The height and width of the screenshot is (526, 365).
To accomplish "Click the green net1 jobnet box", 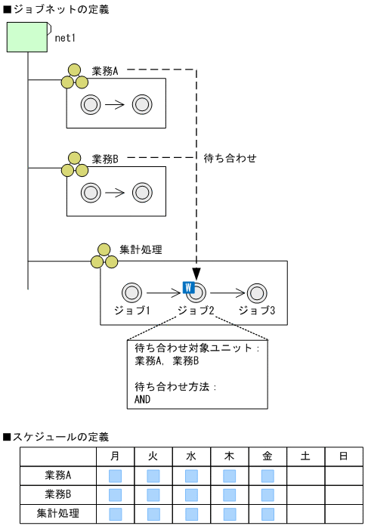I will coord(28,37).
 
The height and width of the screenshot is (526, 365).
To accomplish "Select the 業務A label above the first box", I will coord(106,71).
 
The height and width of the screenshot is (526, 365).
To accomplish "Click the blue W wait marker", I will coord(189,287).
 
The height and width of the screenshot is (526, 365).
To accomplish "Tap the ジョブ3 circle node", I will coord(257,292).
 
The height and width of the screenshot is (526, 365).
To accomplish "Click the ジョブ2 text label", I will coord(196,310).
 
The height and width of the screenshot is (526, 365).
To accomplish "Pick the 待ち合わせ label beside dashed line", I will coord(230,159).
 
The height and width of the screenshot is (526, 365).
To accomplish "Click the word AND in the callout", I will coord(143,399).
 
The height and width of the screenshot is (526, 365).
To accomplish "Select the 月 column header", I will coord(116,456).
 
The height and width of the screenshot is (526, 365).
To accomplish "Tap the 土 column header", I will coord(305,456).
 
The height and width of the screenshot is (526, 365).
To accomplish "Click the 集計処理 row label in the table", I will coord(58,514).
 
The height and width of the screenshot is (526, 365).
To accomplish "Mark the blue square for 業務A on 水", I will coord(191,476).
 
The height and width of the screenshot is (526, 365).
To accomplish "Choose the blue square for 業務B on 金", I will coord(268,495).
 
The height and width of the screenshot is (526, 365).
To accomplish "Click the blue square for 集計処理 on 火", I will coord(153,514).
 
